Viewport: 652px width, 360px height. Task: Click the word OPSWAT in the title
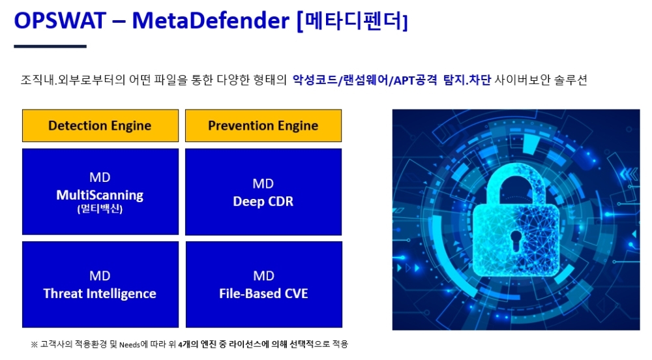coord(60,20)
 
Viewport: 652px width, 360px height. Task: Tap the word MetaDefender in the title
coord(211,20)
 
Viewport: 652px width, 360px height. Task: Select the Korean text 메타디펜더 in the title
coord(353,20)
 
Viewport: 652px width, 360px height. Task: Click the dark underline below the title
coord(50,46)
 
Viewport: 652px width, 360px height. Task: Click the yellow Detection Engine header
coord(100,125)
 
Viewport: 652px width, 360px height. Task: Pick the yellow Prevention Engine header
coord(263,125)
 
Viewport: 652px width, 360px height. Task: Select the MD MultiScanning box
coord(100,192)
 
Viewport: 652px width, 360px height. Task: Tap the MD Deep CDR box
coord(263,192)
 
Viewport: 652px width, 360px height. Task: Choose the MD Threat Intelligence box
coord(100,284)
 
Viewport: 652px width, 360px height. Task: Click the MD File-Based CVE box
coord(263,284)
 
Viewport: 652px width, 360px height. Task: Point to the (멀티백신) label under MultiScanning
coord(100,209)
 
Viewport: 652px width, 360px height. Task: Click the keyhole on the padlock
coord(516,241)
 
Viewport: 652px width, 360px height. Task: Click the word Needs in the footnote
coord(130,344)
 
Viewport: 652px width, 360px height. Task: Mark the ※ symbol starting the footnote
coord(34,344)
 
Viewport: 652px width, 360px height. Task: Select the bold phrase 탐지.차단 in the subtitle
coord(467,80)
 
